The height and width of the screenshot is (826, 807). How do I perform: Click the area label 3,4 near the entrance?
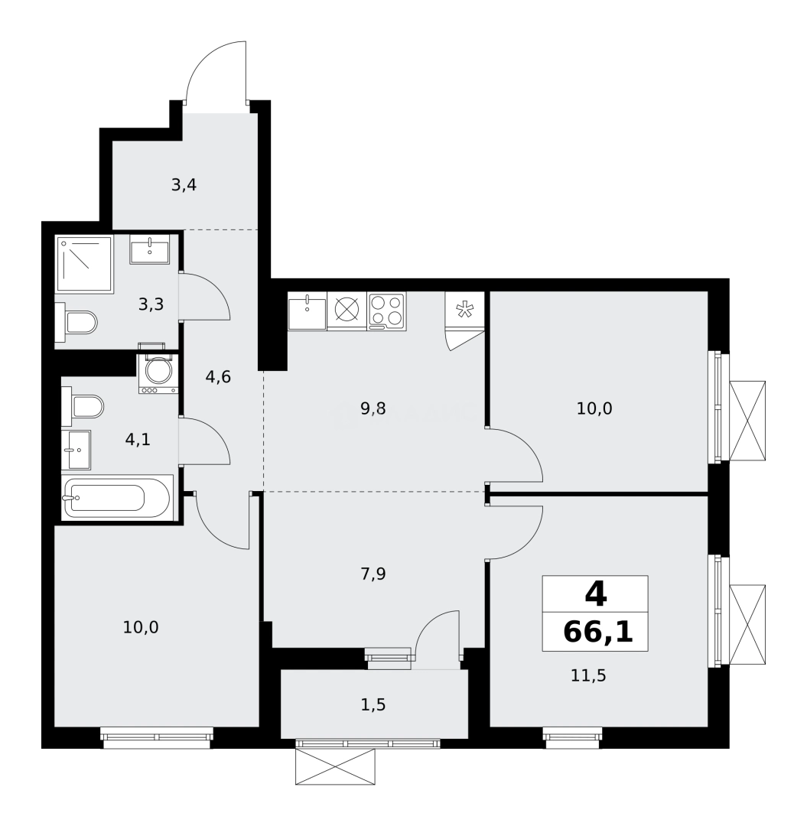click(x=184, y=185)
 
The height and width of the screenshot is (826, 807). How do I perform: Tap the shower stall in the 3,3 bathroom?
click(x=84, y=263)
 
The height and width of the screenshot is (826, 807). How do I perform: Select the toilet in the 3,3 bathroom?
click(x=78, y=323)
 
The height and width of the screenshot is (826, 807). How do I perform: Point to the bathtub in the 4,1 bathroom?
click(x=116, y=499)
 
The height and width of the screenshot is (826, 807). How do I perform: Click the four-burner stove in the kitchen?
click(x=386, y=311)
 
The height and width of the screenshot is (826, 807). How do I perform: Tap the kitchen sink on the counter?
click(x=307, y=312)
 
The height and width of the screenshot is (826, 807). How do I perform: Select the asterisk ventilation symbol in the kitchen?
click(x=464, y=310)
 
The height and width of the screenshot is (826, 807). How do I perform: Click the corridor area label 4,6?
click(x=218, y=376)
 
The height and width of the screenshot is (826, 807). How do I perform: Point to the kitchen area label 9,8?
click(x=373, y=408)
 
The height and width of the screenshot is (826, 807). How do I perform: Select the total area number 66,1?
click(x=597, y=632)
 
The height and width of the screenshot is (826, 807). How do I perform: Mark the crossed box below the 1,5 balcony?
click(x=335, y=766)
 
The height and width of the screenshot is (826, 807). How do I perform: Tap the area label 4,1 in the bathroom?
click(x=138, y=440)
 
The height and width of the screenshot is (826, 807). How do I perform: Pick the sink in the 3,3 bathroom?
click(x=149, y=249)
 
